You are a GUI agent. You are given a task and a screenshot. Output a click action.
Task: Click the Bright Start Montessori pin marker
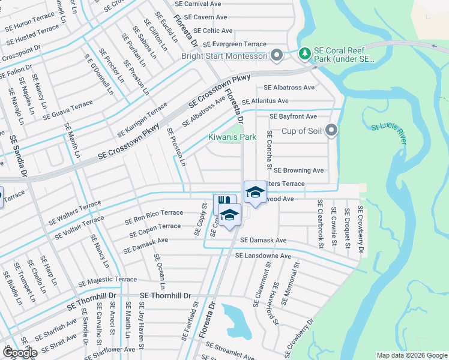click(277, 56)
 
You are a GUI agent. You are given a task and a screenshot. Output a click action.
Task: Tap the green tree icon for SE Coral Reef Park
click(305, 54)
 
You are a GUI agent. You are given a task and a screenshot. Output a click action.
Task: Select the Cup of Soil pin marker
click(331, 130)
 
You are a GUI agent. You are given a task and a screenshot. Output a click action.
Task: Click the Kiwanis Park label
click(232, 137)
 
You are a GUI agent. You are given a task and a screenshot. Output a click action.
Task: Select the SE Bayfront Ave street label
click(293, 116)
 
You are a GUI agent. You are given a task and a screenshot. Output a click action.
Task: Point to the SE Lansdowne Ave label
click(263, 256)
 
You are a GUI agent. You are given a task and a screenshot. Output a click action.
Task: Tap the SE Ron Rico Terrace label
click(154, 215)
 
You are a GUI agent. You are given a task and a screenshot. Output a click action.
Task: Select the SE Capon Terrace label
click(152, 228)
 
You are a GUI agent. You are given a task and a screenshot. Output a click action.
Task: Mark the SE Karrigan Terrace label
click(142, 119)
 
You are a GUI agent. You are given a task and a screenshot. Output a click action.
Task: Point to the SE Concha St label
click(270, 148)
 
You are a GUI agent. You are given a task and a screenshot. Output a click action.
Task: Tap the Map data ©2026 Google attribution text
click(411, 355)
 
